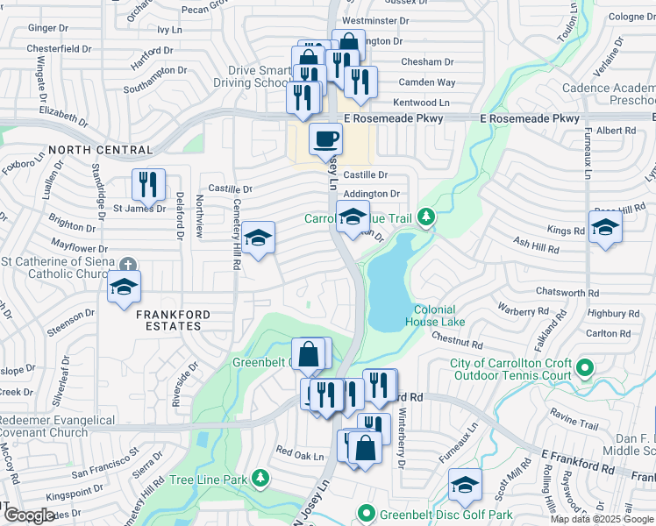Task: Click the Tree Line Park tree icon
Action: pyautogui.click(x=260, y=478)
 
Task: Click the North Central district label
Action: pyautogui.click(x=100, y=150)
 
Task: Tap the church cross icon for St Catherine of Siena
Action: pyautogui.click(x=128, y=264)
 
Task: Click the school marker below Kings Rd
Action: pyautogui.click(x=605, y=230)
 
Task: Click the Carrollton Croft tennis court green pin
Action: pyautogui.click(x=587, y=369)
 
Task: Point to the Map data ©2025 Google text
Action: pyautogui.click(x=601, y=519)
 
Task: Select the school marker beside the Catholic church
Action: pyautogui.click(x=124, y=287)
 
